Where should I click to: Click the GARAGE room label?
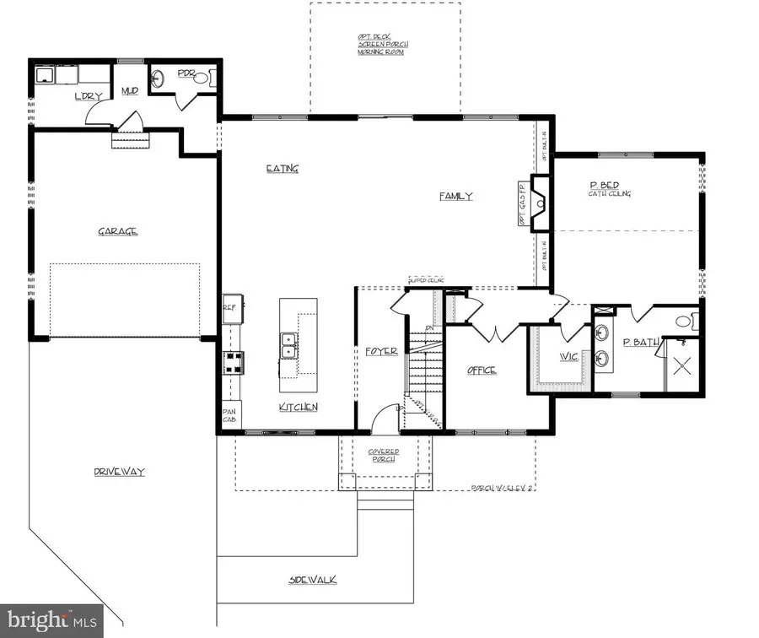tap(118, 231)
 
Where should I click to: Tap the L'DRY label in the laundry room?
tap(88, 96)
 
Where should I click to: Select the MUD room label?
tap(130, 90)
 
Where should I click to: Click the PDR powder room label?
tap(186, 74)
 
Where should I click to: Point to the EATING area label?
tap(283, 169)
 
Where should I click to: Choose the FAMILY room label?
tap(455, 197)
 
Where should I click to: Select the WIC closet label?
tap(568, 356)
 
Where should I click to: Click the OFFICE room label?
tap(482, 370)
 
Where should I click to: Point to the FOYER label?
tap(381, 351)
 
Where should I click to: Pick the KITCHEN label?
tap(299, 408)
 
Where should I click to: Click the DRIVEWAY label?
tap(119, 473)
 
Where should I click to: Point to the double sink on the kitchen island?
tap(288, 346)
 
